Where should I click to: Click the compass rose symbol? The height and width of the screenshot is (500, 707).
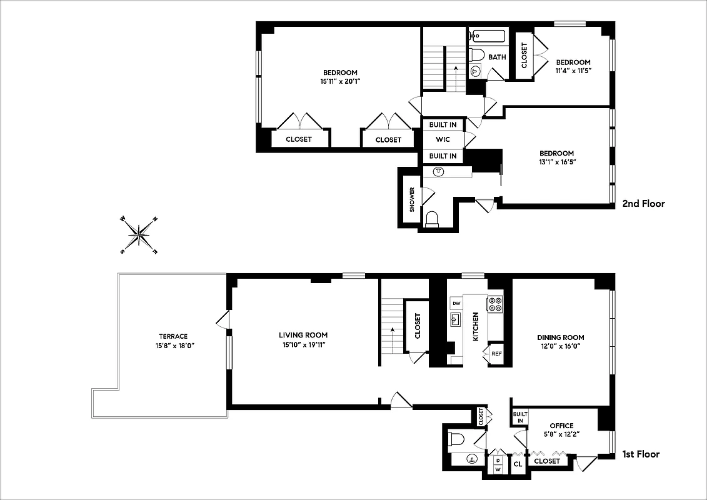click(x=139, y=235)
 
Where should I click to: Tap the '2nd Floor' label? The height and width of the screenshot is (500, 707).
click(x=643, y=204)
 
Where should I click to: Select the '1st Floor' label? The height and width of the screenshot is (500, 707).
click(x=641, y=454)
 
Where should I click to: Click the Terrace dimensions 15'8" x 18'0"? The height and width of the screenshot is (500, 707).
click(x=173, y=345)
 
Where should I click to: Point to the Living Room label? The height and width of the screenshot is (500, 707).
click(x=303, y=335)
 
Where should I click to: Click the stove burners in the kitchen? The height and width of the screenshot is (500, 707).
click(x=495, y=304)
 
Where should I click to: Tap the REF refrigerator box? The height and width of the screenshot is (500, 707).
click(x=496, y=353)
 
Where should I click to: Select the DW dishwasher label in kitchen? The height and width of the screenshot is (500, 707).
click(x=456, y=304)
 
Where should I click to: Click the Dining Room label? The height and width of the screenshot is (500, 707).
click(x=561, y=337)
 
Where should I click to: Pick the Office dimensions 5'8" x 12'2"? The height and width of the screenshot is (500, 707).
click(x=561, y=434)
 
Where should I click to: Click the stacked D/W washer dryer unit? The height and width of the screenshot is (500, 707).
click(x=498, y=464)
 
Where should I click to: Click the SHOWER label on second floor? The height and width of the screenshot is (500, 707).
click(x=412, y=199)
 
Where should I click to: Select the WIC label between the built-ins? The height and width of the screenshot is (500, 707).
click(x=443, y=139)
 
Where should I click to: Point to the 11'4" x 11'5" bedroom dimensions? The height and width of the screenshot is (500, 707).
click(x=573, y=71)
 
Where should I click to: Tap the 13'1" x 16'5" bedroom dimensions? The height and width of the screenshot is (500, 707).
click(x=556, y=162)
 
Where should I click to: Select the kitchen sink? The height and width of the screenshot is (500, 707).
click(x=456, y=320)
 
